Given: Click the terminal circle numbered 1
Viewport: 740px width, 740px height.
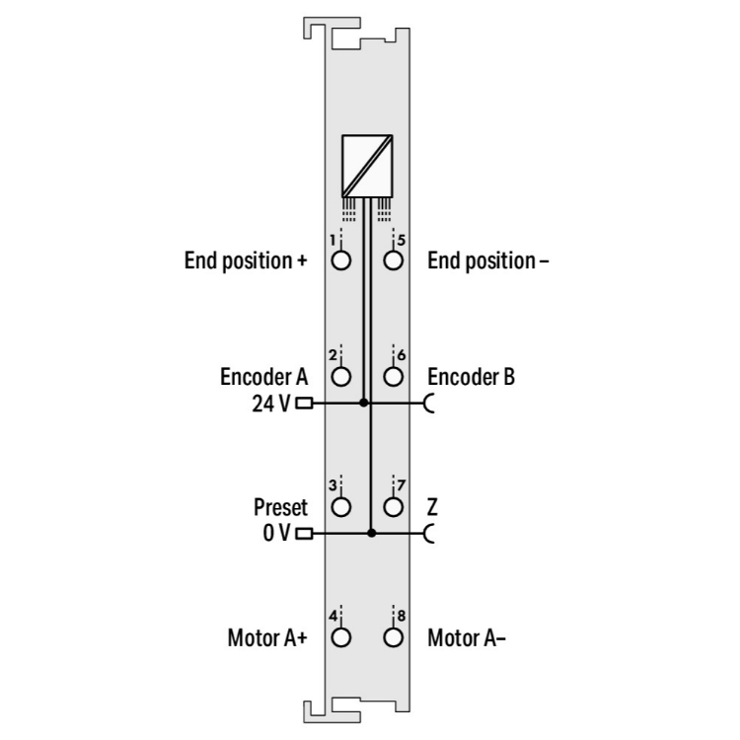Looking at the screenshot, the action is coord(341,260).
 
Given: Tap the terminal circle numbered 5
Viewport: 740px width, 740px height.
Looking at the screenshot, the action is coord(393,260).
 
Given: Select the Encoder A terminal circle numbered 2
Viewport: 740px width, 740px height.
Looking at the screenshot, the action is coord(341,377).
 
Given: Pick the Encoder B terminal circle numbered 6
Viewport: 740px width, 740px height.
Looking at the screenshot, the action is coord(393,377).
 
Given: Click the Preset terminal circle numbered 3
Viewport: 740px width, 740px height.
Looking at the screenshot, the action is coord(341,507).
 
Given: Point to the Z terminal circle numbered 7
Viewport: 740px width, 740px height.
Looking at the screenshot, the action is coord(393,507).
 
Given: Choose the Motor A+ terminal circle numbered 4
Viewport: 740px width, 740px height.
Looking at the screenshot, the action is coord(341,637).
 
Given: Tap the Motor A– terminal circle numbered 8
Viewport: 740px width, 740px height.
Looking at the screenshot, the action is coord(393,637).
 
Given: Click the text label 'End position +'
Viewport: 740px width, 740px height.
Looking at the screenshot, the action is coord(246,261).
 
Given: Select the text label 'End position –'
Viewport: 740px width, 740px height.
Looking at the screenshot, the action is coord(488,261).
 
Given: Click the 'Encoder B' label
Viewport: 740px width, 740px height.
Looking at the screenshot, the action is coord(471,377).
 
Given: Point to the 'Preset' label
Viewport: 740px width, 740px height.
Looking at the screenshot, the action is coord(281,507).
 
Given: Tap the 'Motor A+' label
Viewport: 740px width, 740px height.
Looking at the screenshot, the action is coord(267,638).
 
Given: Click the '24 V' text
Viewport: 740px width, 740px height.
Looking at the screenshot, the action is coord(271,404).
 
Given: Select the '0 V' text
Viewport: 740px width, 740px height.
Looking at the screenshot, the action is coord(276,533).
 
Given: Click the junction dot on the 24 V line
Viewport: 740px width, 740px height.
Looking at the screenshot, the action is coord(363,403).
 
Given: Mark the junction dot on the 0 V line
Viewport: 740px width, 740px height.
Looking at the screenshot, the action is coord(371,533).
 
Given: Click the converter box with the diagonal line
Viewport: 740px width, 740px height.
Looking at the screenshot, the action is coord(367,166).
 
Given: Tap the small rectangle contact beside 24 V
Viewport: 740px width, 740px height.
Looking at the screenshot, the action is coord(304,403).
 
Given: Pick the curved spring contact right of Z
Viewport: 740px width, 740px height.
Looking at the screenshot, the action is coord(429,534).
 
